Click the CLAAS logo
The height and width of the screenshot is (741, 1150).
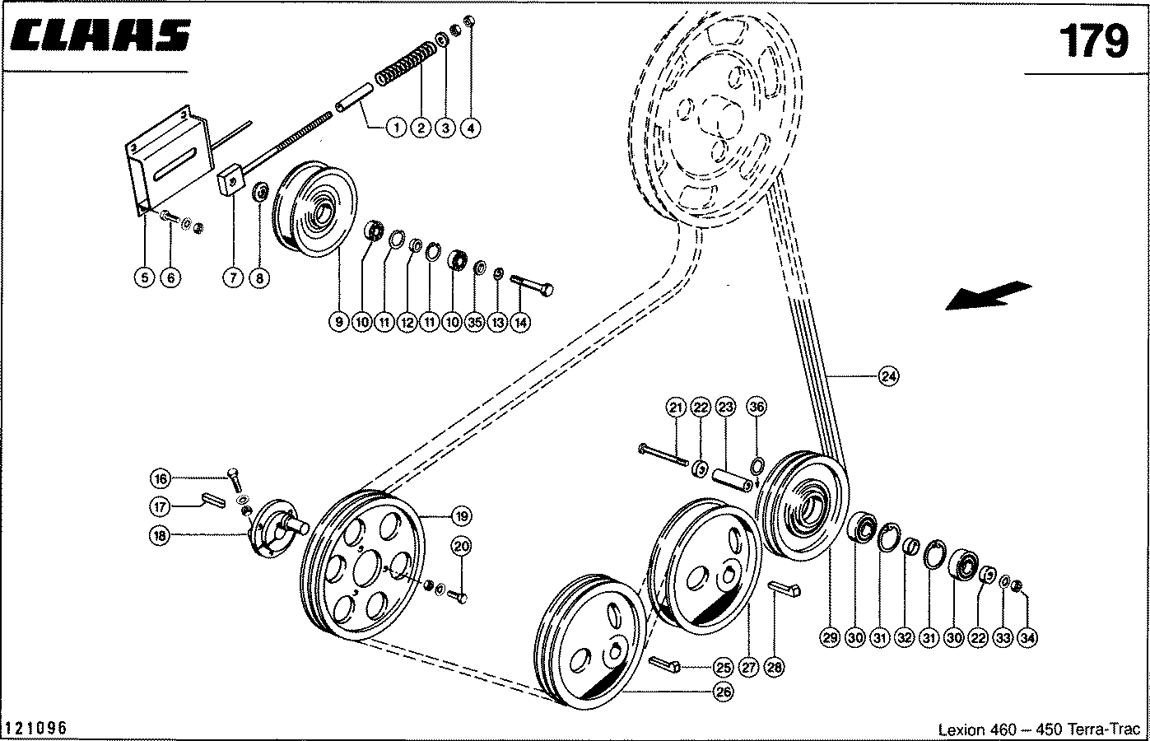tap(100, 35)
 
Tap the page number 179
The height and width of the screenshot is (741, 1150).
tap(1093, 41)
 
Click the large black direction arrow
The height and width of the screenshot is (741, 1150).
tap(989, 296)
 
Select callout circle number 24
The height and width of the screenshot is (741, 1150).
tap(888, 376)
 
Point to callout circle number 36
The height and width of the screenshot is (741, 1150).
tap(757, 407)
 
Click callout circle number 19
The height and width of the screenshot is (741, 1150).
tap(462, 515)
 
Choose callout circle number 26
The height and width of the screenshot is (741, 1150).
tap(724, 692)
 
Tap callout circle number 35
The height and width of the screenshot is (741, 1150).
tap(475, 322)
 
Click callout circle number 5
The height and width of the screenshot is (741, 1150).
tap(144, 277)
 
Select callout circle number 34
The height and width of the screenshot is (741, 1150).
tap(1027, 638)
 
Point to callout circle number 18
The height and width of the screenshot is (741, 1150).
tap(160, 536)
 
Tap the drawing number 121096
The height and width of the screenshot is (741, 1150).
tap(36, 728)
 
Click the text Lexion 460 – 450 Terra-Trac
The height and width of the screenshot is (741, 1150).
tap(1039, 729)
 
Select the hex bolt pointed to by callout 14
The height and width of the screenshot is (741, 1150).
tap(532, 285)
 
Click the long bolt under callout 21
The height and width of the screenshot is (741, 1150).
tap(663, 455)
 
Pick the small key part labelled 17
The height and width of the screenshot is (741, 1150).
tap(213, 500)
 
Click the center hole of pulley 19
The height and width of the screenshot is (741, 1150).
tap(367, 567)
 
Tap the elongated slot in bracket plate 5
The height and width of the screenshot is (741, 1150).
tap(175, 163)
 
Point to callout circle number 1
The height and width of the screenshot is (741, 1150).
tap(396, 128)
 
